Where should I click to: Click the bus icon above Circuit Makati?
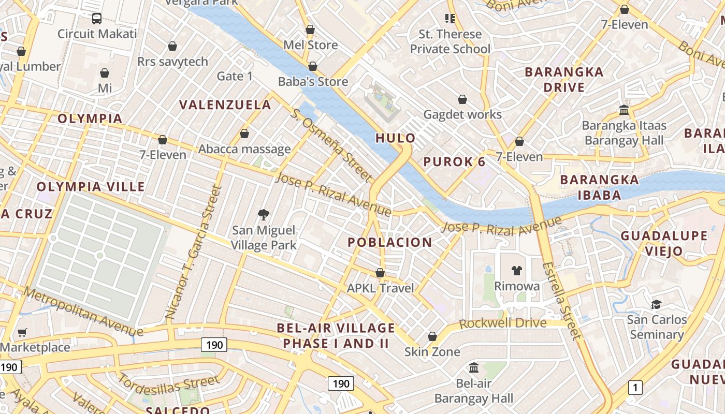(x=97, y=19)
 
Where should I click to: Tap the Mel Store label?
(x=310, y=45)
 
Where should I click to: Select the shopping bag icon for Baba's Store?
(x=312, y=66)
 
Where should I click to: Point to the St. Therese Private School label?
(x=450, y=41)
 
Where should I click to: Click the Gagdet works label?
(x=462, y=114)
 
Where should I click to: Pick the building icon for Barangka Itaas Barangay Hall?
(x=624, y=110)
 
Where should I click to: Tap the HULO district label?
(x=396, y=138)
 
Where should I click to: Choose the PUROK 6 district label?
(x=454, y=162)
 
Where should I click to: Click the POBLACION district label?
(x=389, y=242)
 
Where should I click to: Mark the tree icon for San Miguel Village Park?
(x=264, y=214)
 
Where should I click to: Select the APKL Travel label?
(x=381, y=288)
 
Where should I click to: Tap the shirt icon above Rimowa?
(x=516, y=270)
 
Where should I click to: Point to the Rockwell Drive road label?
(x=502, y=323)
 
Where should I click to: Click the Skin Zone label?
(x=432, y=352)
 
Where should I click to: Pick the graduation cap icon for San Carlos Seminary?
(x=656, y=304)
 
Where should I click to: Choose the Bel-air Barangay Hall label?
(x=474, y=391)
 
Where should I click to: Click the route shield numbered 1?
(x=635, y=387)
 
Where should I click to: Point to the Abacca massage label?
(x=244, y=149)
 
